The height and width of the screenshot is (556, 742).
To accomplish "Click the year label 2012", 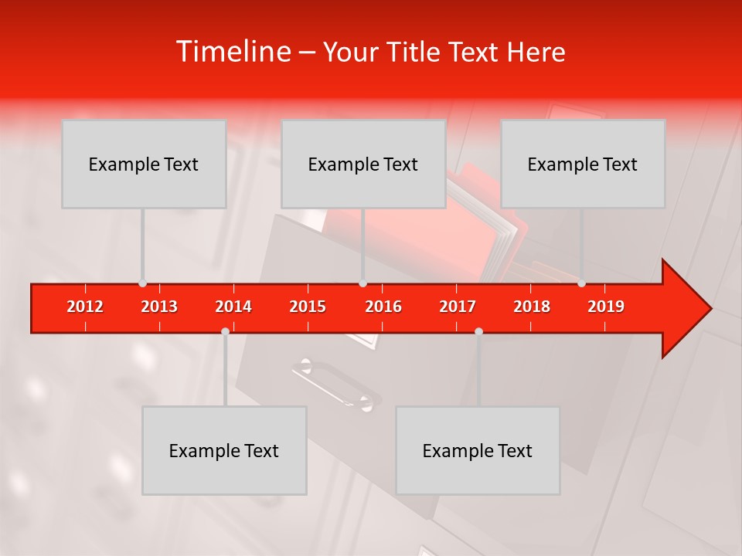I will pos(85,307).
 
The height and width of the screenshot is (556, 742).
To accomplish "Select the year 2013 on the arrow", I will pos(159,307).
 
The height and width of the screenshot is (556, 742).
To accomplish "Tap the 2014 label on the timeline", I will pos(233,307).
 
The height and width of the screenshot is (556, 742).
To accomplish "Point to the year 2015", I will pos(308,307).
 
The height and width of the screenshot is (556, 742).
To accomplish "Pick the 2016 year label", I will pos(383,307).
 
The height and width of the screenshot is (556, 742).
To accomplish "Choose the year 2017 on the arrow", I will pos(458,307).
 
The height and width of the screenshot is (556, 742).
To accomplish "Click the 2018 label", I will pos(532,307).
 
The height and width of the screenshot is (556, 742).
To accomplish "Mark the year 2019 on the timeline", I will pos(606,307).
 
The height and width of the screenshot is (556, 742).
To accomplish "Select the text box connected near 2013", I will pos(144,164).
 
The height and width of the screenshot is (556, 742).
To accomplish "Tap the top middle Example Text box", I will pos(363,164).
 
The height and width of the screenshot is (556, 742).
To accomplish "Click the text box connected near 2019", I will pos(583,164).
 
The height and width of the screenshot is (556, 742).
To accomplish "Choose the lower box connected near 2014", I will pos(224,451).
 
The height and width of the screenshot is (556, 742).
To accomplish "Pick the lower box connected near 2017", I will pos(478,451).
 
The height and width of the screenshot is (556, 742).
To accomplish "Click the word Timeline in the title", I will pos(232,52).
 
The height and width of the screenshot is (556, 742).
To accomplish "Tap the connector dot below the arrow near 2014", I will pos(225,331).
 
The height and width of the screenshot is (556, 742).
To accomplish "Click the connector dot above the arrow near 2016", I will pos(362,283).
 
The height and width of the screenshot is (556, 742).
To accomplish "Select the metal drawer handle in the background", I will pos(335,385).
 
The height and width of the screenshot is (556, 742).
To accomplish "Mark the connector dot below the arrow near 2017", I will pos(478,331).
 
